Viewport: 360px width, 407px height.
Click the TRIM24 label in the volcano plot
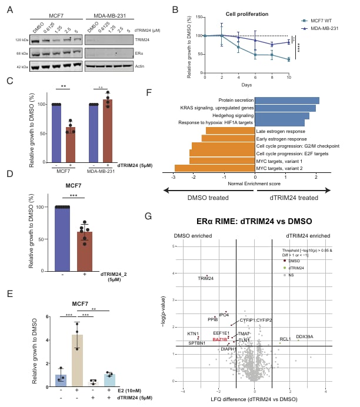(206, 278)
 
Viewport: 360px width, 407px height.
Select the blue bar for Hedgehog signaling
(284, 115)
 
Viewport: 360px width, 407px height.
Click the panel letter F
(149, 92)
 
